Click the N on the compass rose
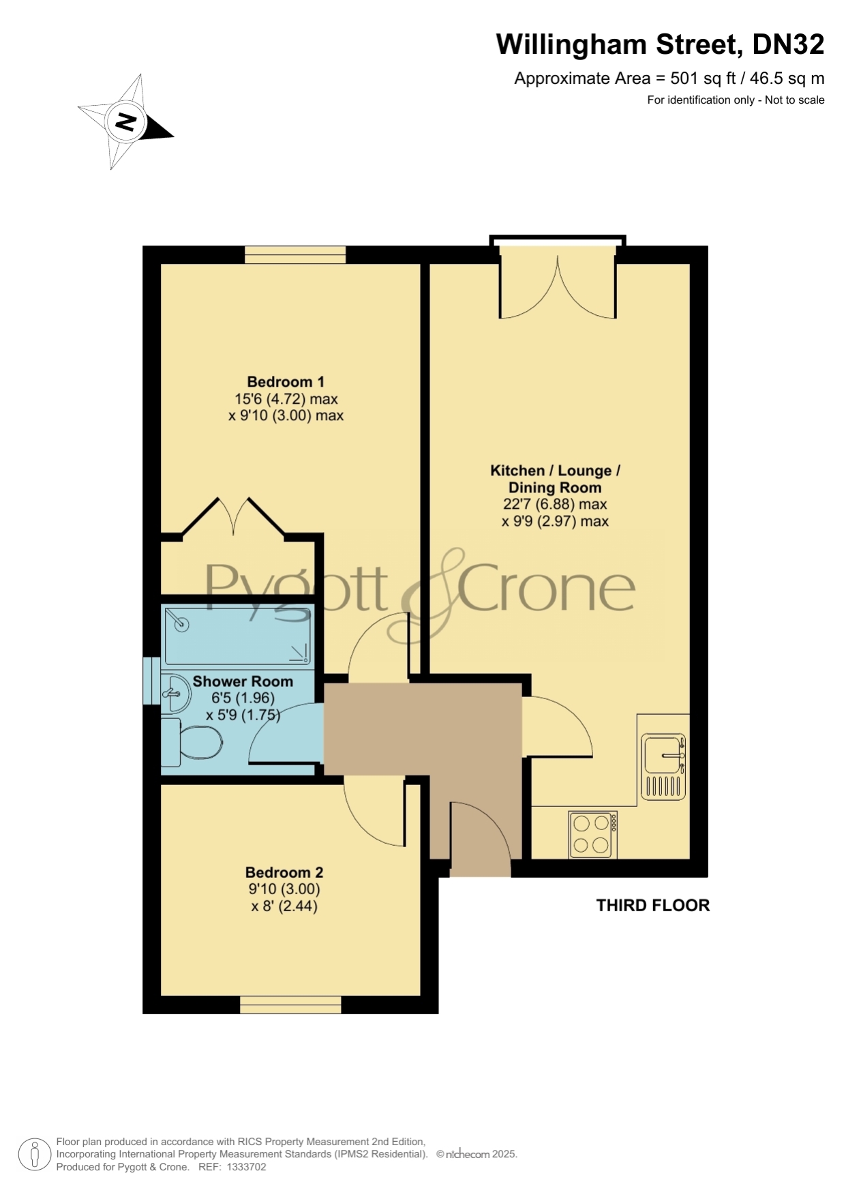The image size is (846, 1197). tap(125, 122)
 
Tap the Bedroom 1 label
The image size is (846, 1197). tap(286, 382)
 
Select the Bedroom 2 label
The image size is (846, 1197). tap(284, 872)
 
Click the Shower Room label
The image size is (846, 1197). tap(243, 681)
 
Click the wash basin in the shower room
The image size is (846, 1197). tap(175, 693)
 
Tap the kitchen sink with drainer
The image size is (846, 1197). tap(663, 767)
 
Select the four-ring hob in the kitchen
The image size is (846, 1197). tap(592, 835)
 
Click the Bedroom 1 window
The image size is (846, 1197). tap(296, 255)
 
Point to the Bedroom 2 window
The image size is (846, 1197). tap(290, 1005)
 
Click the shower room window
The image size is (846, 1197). tap(151, 681)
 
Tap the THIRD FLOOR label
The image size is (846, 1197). tap(653, 905)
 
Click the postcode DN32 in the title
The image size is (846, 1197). tap(788, 44)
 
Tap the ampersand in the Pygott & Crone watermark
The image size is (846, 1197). tap(427, 595)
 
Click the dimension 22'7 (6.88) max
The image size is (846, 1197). tap(555, 505)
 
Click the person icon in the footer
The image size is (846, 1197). tap(35, 1155)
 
